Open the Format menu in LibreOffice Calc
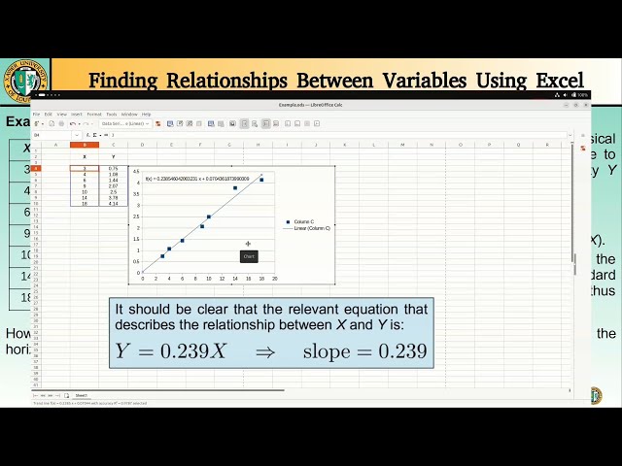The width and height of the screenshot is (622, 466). (x=93, y=114)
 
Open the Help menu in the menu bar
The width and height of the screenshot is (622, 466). (x=146, y=114)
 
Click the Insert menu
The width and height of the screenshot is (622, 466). (x=76, y=114)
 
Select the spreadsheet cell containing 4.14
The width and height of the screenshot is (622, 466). (x=113, y=203)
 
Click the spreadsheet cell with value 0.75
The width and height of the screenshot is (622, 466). (x=113, y=168)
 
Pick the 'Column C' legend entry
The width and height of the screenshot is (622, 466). (x=303, y=221)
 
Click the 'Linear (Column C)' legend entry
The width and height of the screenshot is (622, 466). (x=310, y=228)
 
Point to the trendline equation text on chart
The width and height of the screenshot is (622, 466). (x=198, y=179)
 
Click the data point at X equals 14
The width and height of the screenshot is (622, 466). (x=234, y=187)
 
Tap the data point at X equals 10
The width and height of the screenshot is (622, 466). (x=208, y=216)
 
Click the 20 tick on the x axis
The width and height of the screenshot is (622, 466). (x=274, y=279)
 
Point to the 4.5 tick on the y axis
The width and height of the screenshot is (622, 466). (x=137, y=171)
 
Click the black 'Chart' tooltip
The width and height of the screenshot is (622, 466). (x=248, y=256)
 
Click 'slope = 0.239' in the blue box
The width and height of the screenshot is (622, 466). (x=364, y=351)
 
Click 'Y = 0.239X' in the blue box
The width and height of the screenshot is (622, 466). (x=170, y=351)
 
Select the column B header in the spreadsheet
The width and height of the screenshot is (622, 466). (x=85, y=145)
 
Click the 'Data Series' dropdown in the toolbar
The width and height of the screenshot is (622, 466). (x=122, y=123)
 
